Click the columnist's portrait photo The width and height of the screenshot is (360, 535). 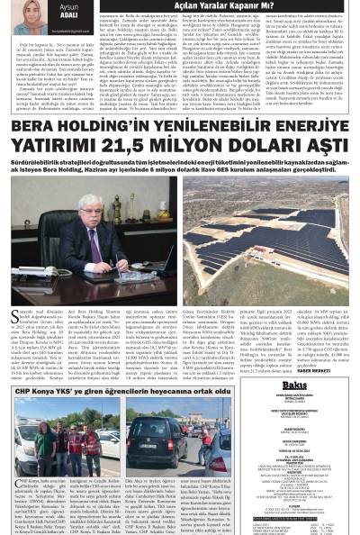coord(19,14)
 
